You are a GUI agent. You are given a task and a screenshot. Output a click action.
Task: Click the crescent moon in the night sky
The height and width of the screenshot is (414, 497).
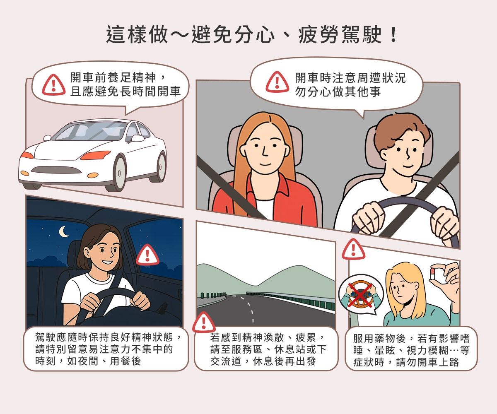[x=63, y=231]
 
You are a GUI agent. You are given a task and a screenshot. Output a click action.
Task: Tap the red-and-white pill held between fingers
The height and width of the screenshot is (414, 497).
[x=432, y=274]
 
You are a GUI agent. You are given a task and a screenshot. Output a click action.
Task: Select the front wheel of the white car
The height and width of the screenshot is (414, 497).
[x=120, y=172]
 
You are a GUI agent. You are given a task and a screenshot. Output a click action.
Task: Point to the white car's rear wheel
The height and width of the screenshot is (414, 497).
[x=161, y=166]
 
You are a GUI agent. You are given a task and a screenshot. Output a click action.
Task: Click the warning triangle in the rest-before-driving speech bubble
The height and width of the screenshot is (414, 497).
[x=53, y=85]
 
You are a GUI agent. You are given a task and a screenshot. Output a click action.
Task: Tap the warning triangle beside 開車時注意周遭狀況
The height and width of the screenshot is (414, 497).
[x=277, y=82]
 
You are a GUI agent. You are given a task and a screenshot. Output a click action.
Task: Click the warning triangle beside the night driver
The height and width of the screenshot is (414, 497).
[x=147, y=255]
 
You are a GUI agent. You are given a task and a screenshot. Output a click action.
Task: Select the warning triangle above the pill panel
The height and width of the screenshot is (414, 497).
[x=353, y=249]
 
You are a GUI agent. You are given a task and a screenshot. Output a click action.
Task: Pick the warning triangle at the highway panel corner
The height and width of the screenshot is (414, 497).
[x=204, y=323]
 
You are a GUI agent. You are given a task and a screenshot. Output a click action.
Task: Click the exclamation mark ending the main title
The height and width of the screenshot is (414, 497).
[x=394, y=35]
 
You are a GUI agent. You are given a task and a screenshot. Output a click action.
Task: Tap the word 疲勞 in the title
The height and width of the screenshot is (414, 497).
[x=318, y=35]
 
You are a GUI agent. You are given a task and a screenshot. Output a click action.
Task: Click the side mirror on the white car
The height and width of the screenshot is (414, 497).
[x=137, y=138]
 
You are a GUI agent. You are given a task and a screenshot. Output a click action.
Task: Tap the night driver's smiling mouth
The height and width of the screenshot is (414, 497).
[x=107, y=262]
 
